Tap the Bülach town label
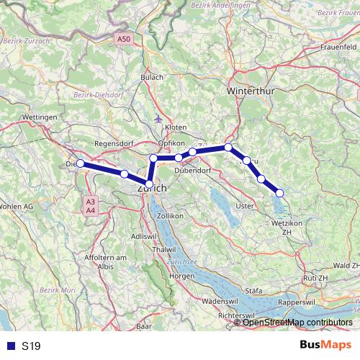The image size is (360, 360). point(153,76)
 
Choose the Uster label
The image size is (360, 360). point(246,206)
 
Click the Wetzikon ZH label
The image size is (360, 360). point(288,228)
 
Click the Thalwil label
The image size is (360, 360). point(165,249)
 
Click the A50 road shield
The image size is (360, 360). point(125,40)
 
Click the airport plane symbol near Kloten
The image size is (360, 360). point(158,117)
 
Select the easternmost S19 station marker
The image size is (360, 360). point(279,192)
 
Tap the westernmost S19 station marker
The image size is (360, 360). point(81,163)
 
